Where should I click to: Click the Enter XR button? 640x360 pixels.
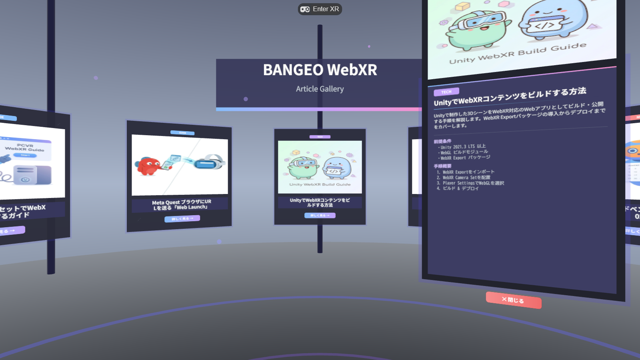point(320,9)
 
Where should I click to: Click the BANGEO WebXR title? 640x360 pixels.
point(320,70)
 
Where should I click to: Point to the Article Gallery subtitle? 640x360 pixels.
point(320,89)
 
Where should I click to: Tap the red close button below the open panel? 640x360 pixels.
point(514,300)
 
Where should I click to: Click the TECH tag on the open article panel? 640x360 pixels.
point(446,92)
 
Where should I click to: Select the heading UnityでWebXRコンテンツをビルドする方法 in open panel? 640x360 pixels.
point(510,97)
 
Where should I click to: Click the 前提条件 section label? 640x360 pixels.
point(442,141)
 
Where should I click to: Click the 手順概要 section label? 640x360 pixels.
point(442,166)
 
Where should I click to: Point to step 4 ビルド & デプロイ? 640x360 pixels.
point(460,188)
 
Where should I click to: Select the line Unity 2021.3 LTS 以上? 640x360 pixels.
point(463,147)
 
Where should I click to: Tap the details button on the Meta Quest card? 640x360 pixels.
point(182,218)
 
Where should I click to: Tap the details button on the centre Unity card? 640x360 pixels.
point(320,215)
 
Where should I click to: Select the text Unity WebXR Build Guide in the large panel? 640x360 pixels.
point(518,53)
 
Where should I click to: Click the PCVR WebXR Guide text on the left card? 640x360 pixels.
point(25,148)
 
